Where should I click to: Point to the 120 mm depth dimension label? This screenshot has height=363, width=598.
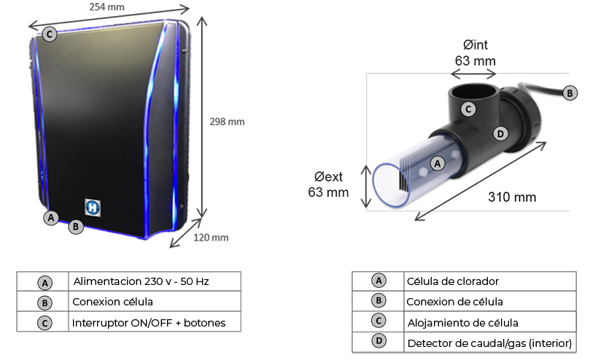tap(211, 237)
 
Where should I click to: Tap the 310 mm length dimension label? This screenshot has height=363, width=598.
tap(512, 197)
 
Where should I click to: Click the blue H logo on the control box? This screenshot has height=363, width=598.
tap(92, 207)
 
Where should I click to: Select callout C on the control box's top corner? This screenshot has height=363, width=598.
tap(49, 34)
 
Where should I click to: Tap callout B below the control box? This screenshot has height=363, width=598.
tap(75, 226)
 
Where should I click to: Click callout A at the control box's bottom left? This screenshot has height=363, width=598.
tap(50, 217)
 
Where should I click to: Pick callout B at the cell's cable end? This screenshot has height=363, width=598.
tap(571, 92)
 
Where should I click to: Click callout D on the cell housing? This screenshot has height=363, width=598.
tap(500, 134)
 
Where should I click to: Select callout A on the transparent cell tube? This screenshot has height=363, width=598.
tap(438, 163)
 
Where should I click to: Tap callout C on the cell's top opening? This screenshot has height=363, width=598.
tap(470, 109)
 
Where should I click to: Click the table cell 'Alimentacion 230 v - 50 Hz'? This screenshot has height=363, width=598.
tap(145, 281)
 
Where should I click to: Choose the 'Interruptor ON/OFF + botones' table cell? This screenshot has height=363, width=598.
tap(149, 322)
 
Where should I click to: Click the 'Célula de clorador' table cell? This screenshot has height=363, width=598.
tap(452, 281)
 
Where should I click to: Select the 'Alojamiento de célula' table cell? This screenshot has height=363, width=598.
tap(463, 321)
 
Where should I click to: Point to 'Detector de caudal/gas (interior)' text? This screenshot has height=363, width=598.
tap(489, 342)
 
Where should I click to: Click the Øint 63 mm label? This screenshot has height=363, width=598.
tap(475, 53)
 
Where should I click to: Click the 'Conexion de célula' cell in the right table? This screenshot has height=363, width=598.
tap(454, 301)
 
